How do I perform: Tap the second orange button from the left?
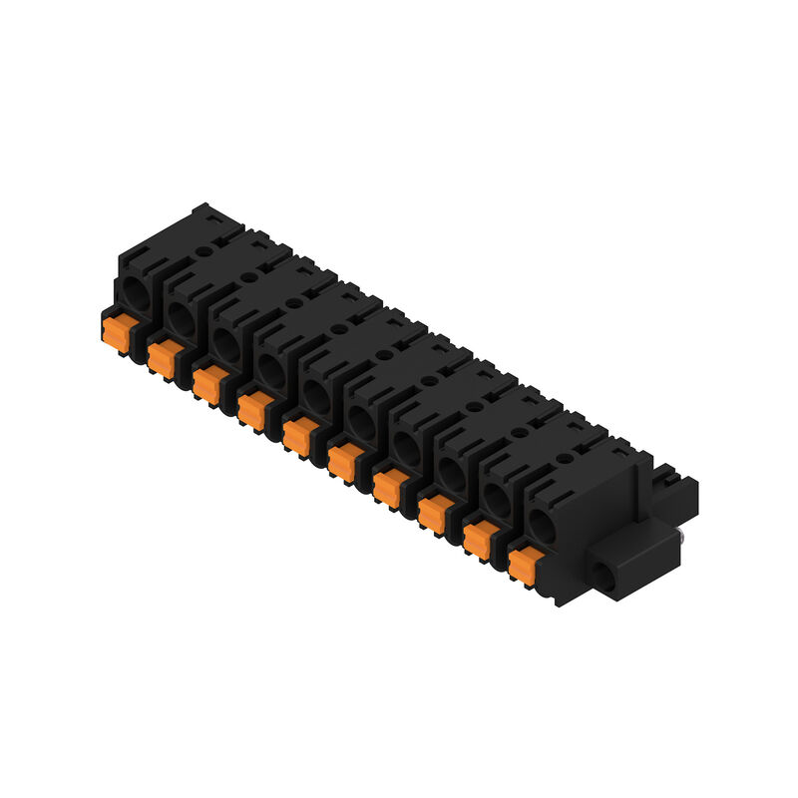[x=162, y=357]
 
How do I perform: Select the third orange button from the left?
[x=206, y=382]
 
